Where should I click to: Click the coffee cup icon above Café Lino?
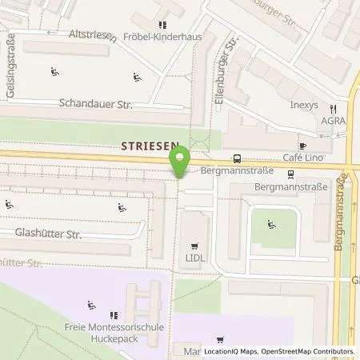click(x=302, y=146)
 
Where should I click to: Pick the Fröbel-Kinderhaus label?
click(x=166, y=38)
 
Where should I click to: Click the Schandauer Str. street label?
click(x=96, y=104)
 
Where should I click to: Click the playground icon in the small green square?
click(x=272, y=225)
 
